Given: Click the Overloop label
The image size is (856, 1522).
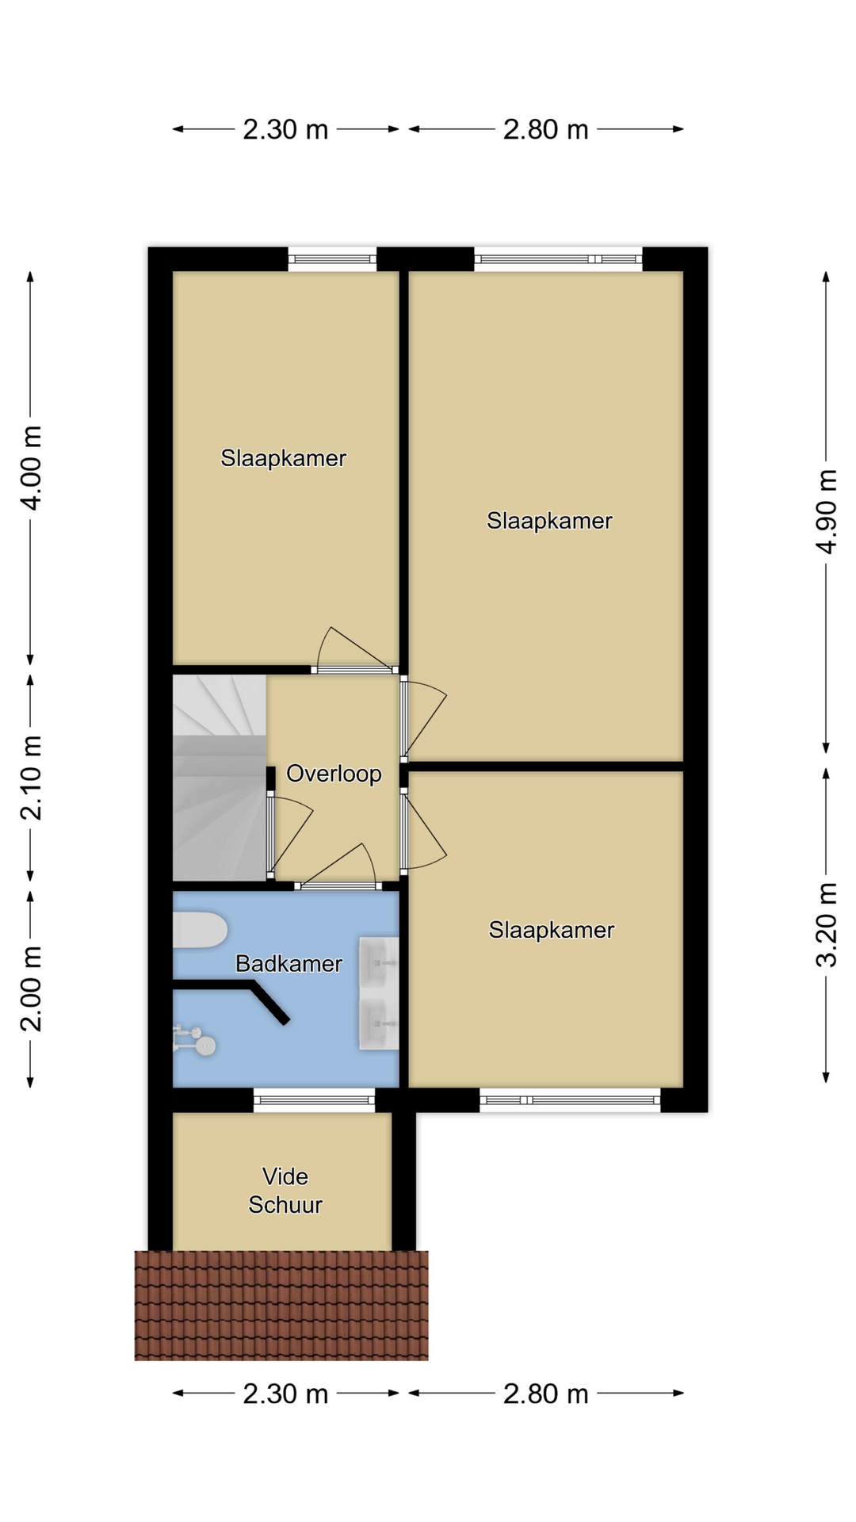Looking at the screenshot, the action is click(x=334, y=774).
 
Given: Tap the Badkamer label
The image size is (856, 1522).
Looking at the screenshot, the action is click(x=289, y=964).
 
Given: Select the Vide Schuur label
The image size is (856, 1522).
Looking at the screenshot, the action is click(x=285, y=1191).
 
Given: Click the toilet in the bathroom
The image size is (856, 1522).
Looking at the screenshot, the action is click(x=200, y=930).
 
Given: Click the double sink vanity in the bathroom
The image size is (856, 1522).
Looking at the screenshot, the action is click(x=379, y=993).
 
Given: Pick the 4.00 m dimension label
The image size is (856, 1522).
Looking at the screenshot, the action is click(x=31, y=468).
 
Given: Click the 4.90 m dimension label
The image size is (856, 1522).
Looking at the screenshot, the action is click(x=827, y=511).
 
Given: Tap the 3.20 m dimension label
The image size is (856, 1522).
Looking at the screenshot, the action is click(x=827, y=924).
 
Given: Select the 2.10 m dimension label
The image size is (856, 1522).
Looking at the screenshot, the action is click(x=31, y=778).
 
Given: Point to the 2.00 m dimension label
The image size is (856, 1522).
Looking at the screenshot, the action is click(x=31, y=989).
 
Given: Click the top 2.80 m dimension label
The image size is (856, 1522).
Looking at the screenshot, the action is click(x=546, y=129).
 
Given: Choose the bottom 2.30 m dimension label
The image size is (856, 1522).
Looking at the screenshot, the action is click(x=285, y=1394).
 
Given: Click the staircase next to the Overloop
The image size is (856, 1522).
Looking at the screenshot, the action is click(x=220, y=777).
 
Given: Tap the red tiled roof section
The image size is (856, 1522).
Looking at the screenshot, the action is click(x=281, y=1306).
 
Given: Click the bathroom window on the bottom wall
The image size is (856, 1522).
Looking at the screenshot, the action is click(x=314, y=1099).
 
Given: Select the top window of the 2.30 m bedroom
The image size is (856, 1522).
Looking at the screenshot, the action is click(x=332, y=258).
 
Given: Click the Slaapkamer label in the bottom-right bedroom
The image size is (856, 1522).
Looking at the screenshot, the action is click(x=552, y=930).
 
